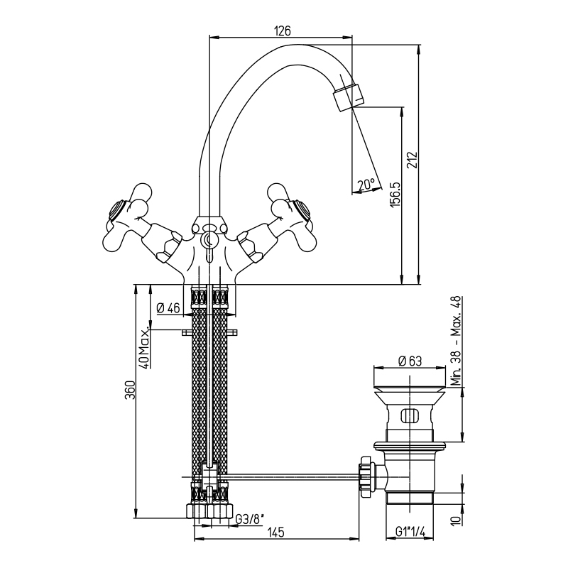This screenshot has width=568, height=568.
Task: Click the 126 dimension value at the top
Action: click(283, 31)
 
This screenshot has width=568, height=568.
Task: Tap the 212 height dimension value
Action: click(413, 160)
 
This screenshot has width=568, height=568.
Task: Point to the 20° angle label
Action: click(366, 185)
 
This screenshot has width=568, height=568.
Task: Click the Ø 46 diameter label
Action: click(168, 308)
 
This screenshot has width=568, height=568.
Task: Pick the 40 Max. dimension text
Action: click(144, 349)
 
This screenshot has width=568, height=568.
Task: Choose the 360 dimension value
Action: click(130, 390)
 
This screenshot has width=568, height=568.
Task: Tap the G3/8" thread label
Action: click(249, 520)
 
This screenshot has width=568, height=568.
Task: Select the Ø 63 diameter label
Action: click(410, 361)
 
